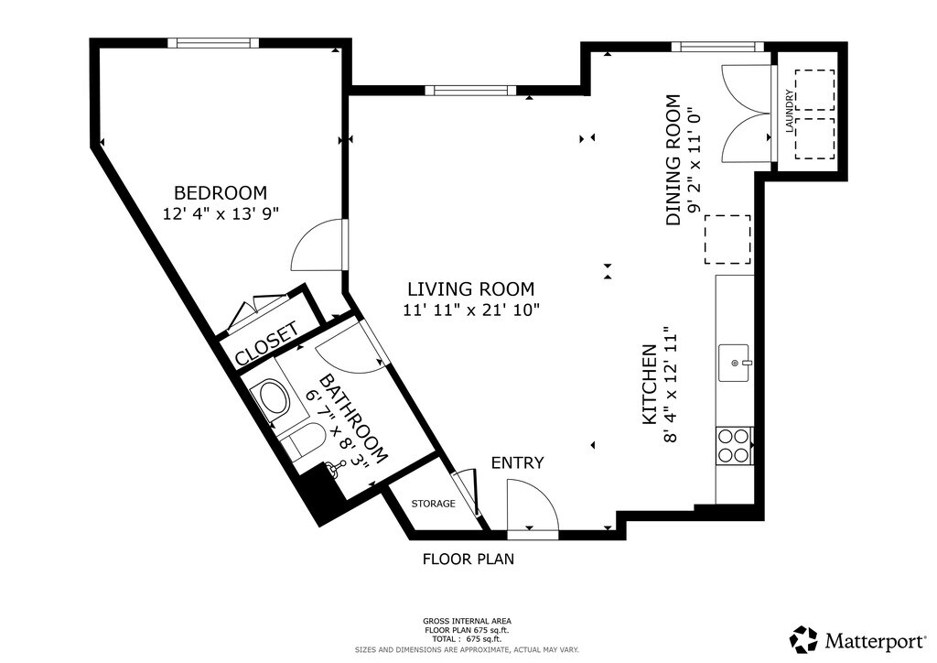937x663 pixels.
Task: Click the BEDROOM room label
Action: (x=221, y=193)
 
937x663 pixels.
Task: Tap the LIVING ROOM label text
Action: (x=471, y=289)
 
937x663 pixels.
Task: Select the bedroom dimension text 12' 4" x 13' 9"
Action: (x=221, y=213)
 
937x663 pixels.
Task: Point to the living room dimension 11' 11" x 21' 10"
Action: (x=471, y=310)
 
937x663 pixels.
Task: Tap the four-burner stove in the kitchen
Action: (x=734, y=446)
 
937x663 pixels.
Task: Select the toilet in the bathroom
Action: (x=302, y=440)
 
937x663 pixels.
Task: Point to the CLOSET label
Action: (x=266, y=343)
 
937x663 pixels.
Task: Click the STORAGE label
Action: (x=433, y=504)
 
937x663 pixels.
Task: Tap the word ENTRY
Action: (x=518, y=462)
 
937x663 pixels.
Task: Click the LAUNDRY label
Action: (x=790, y=111)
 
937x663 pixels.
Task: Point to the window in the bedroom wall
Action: (x=213, y=42)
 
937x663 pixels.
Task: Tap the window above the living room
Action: (x=470, y=91)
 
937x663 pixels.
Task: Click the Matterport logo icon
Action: (x=804, y=640)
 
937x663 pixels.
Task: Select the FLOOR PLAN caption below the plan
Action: (x=468, y=559)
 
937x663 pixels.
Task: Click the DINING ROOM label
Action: (x=673, y=160)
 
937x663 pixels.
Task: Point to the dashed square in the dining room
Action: (x=727, y=239)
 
